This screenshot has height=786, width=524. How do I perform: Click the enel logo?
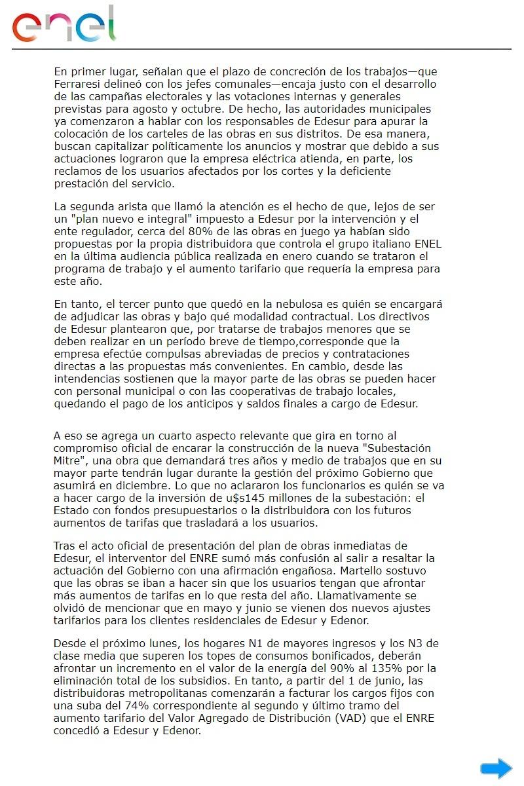coord(64,25)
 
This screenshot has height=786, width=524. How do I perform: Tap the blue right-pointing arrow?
coord(496,768)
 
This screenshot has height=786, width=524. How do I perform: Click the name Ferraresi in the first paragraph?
coord(78,83)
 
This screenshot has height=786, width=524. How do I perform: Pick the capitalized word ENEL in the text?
coord(424,244)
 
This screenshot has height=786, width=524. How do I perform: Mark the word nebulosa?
coord(316,305)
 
